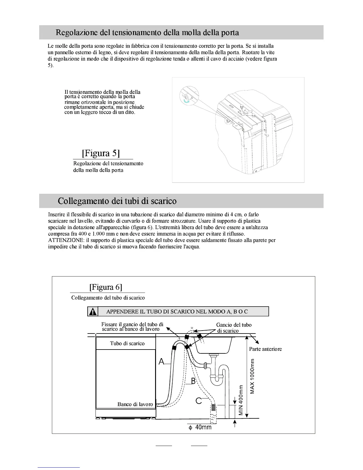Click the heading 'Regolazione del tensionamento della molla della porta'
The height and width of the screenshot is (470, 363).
147,32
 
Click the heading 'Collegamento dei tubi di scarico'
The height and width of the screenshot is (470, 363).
117,201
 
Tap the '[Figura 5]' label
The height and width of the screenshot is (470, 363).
101,153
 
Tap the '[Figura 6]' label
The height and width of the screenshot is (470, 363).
106,287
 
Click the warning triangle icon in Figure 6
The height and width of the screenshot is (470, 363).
93,312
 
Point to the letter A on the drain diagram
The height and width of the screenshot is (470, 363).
161,361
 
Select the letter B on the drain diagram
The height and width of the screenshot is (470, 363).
193,381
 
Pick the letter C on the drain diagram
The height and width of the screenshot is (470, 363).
199,401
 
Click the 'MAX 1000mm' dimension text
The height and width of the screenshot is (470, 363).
252,376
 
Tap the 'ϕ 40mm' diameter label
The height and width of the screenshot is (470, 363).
200,427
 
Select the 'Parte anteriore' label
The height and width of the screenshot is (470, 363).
265,349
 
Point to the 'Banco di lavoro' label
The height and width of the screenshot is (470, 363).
135,404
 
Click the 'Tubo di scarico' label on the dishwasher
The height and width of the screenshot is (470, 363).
127,343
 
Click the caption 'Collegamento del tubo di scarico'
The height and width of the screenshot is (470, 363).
108,298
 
